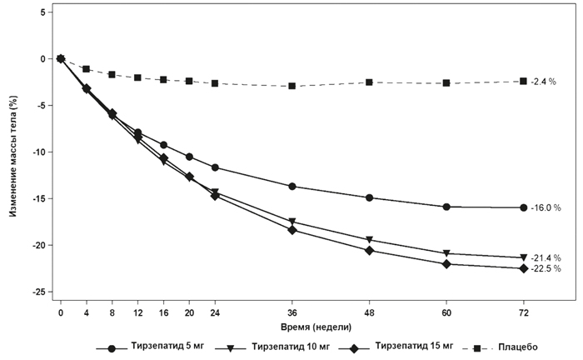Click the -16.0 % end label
[546, 207]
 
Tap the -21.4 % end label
[546, 257]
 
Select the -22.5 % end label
[546, 269]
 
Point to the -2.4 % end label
[543, 81]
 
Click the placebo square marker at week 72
[523, 81]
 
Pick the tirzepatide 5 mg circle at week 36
[292, 187]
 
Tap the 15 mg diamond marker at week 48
[369, 251]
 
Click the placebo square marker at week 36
[292, 86]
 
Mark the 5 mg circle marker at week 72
[523, 207]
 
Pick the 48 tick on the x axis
[369, 312]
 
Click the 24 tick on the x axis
[215, 312]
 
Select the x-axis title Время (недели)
[291, 327]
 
